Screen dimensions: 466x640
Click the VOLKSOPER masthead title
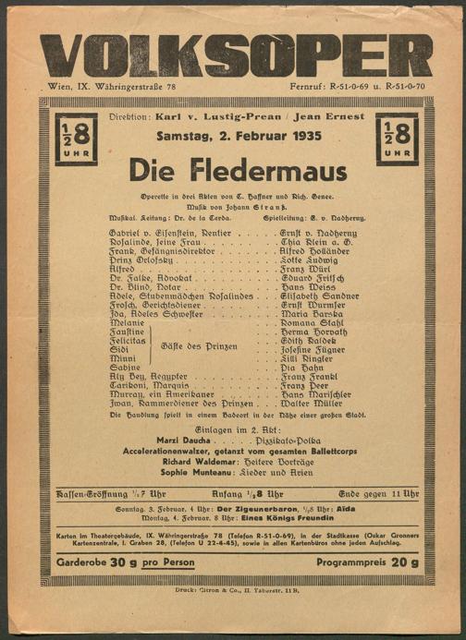236,54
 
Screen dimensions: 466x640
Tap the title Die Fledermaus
238,171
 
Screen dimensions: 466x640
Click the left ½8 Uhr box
76,139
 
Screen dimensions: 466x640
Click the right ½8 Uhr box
397,139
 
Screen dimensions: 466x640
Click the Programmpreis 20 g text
368,562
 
